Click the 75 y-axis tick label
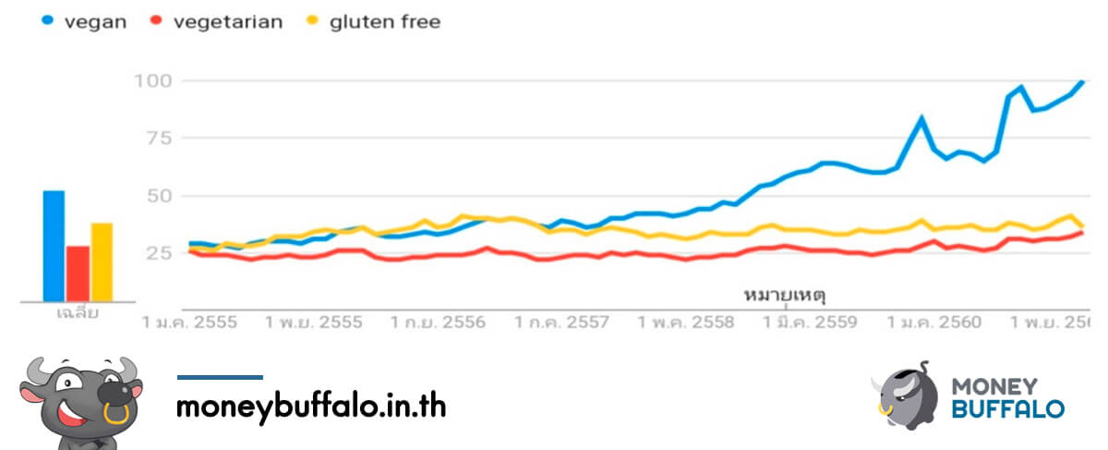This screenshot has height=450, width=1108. [x=158, y=138]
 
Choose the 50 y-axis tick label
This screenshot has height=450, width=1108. [x=158, y=195]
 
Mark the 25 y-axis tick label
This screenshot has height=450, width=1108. [x=158, y=252]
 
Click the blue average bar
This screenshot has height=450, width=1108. [x=54, y=245]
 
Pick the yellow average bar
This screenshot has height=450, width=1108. [x=102, y=261]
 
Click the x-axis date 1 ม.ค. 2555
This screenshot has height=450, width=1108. [x=189, y=322]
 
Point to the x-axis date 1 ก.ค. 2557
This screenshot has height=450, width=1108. [x=561, y=322]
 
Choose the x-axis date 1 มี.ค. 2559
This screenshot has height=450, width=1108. [x=809, y=322]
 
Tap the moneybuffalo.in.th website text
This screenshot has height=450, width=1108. [x=311, y=407]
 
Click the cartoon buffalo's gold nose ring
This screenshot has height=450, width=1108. [x=116, y=413]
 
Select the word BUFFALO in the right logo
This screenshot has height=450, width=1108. [x=1007, y=407]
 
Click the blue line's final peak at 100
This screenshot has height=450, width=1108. [x=1082, y=81]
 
